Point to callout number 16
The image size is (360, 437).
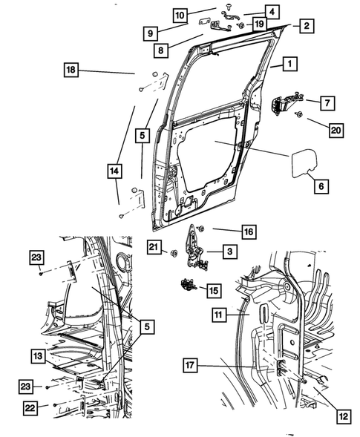[248, 232]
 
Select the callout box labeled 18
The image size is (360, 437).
[71, 70]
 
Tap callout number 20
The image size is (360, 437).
[334, 131]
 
